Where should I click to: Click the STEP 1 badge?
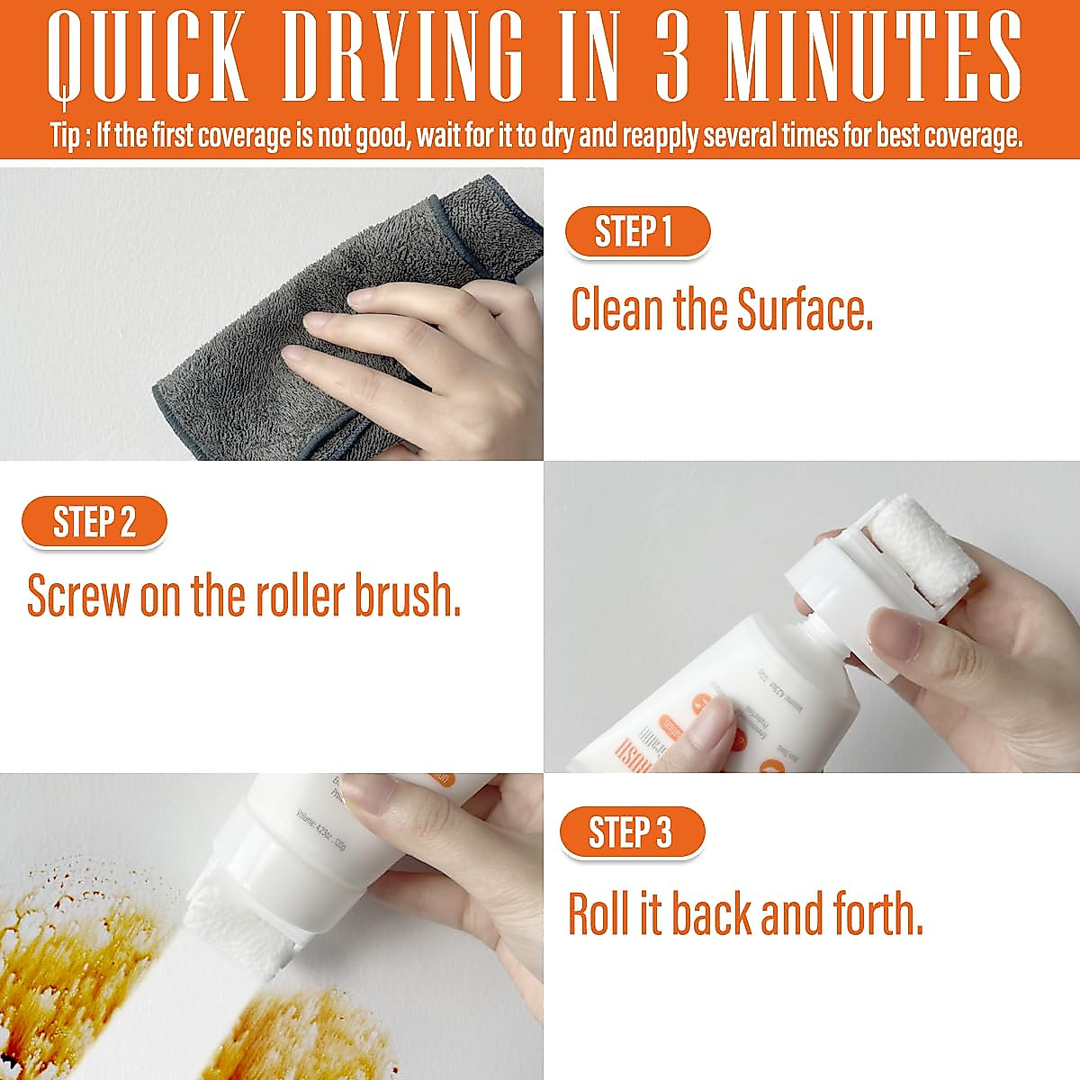click(x=636, y=232)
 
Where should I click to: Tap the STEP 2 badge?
click(x=94, y=522)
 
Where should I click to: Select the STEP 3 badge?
click(x=631, y=832)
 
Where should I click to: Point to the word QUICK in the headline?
click(x=148, y=58)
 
